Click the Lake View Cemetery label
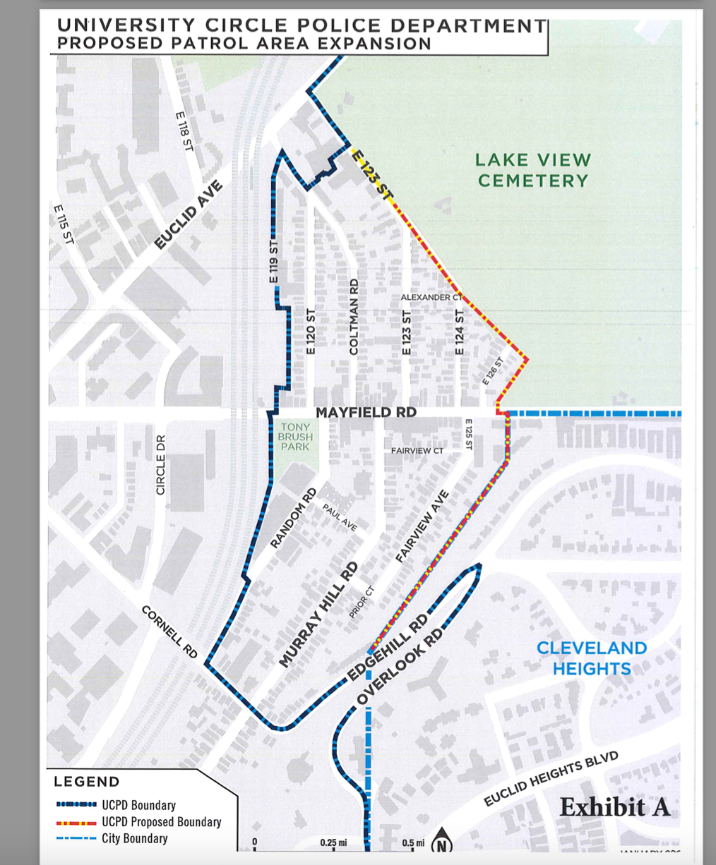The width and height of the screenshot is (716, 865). click(533, 171)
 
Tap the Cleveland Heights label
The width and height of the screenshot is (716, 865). click(592, 658)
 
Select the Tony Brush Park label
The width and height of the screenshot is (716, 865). click(296, 437)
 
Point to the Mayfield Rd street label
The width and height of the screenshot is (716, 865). click(366, 412)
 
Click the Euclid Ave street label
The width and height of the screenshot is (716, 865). click(189, 214)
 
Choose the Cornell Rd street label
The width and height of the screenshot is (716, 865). click(170, 631)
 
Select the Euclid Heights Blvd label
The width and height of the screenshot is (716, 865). click(551, 779)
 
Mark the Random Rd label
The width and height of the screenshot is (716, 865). click(294, 518)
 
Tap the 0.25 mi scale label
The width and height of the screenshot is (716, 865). click(333, 842)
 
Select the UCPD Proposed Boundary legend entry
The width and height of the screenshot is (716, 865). click(161, 822)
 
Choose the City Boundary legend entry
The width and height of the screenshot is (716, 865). click(134, 839)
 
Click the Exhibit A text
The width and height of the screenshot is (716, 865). click(614, 807)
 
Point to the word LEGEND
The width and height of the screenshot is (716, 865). click(87, 782)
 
